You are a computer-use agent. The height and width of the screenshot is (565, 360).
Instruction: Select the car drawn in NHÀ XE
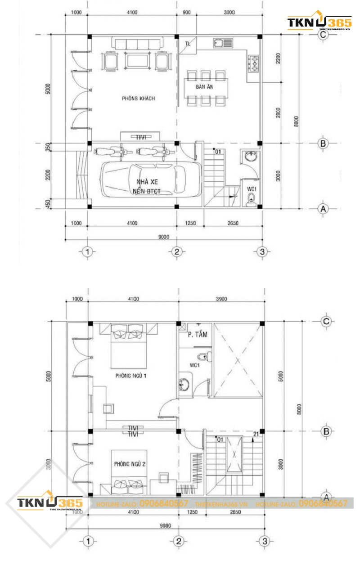(151, 179)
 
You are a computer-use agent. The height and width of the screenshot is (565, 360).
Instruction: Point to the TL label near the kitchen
(188, 44)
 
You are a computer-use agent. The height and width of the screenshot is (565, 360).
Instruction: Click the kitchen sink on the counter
(223, 43)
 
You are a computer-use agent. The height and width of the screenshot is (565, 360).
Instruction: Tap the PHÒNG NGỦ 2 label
(130, 464)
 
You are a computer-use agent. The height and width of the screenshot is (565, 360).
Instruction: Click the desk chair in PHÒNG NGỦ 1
(109, 408)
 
